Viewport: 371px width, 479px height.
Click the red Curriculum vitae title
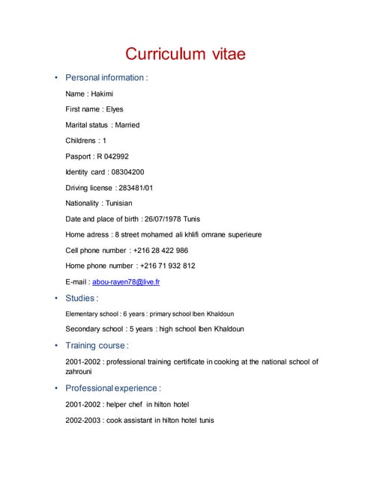click(185, 54)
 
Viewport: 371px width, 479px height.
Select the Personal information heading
click(106, 78)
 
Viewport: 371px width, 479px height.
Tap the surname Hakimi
click(102, 94)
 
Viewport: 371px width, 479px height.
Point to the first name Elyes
click(115, 109)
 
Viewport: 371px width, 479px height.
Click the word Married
click(127, 125)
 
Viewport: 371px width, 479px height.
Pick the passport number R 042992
click(112, 156)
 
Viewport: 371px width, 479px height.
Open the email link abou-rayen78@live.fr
click(126, 282)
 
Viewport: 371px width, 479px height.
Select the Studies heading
click(82, 298)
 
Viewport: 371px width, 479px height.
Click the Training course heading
click(97, 346)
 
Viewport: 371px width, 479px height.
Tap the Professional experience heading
click(112, 388)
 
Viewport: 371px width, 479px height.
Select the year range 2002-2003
click(83, 421)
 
